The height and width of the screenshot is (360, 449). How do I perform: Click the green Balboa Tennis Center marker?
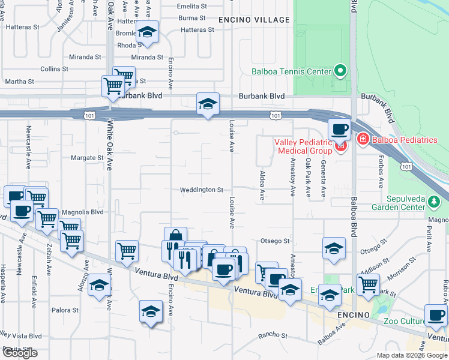point(340,71)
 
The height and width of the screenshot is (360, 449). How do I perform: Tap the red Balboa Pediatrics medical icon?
point(362,140)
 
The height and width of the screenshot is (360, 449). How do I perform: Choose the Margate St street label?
point(87,158)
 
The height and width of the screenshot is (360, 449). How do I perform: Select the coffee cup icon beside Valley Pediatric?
point(339,128)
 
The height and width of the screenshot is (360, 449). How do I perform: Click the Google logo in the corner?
point(20,353)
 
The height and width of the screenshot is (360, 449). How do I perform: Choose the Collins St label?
point(54,69)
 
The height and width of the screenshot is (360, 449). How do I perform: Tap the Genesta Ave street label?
point(323,182)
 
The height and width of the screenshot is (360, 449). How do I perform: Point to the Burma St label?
point(192,19)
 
